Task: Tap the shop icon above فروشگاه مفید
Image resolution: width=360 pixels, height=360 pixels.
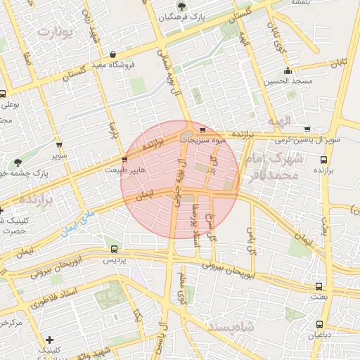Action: (113, 54)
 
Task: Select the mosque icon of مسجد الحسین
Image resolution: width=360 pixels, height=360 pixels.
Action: (287, 70)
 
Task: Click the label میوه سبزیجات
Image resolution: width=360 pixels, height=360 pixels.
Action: (204, 140)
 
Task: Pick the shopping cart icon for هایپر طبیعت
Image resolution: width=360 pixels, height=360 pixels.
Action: (124, 160)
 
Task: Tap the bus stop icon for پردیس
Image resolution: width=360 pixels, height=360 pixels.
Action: (115, 249)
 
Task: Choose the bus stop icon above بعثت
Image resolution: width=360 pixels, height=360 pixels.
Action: (320, 287)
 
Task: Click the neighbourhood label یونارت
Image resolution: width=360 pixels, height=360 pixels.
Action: (56, 32)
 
